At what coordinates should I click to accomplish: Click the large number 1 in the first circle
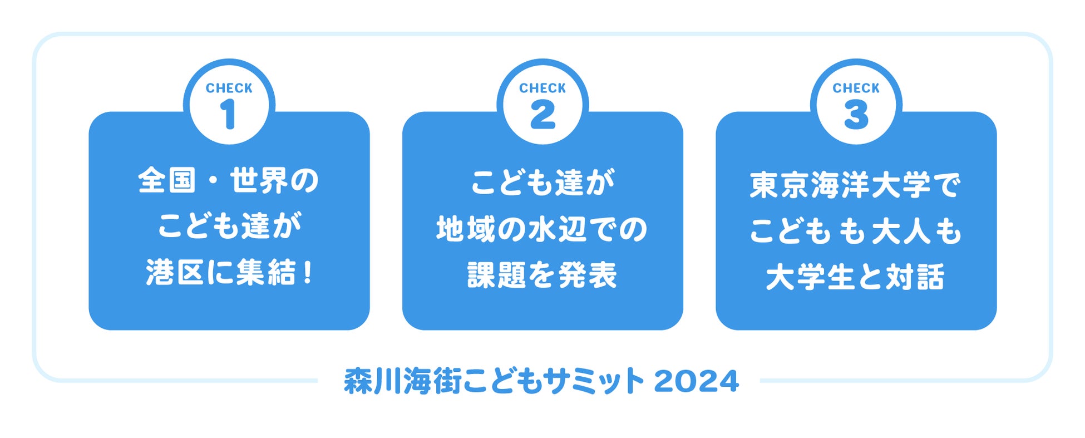point(229,115)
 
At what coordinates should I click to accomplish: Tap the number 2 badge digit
point(542,115)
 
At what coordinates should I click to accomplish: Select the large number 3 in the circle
point(856,115)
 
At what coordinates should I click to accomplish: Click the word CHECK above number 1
point(229,88)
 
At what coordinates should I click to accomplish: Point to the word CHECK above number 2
point(542,88)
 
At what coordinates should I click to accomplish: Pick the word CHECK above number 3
point(856,88)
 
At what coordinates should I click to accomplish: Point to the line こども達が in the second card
point(542,183)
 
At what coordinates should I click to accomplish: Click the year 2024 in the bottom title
point(697,382)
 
